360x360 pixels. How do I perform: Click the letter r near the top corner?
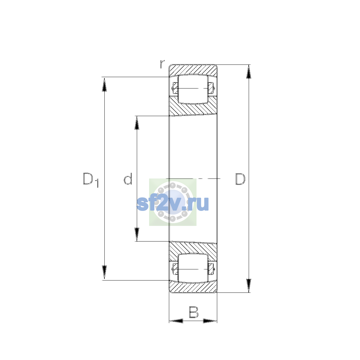click(x=162, y=64)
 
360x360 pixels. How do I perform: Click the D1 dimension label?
click(x=91, y=180)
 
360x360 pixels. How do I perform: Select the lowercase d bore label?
click(x=128, y=178)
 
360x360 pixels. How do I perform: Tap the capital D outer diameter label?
click(x=240, y=179)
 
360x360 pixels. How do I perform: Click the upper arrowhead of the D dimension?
click(x=248, y=72)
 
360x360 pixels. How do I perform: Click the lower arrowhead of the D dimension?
click(x=248, y=286)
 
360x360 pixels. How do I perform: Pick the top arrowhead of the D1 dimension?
click(x=104, y=84)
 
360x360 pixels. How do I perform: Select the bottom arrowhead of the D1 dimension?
click(x=104, y=272)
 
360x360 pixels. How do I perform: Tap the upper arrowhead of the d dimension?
click(x=137, y=123)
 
